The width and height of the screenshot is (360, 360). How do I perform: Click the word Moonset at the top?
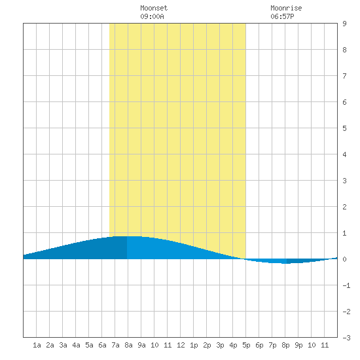pos(154,8)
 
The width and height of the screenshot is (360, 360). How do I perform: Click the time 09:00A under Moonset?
pos(152,16)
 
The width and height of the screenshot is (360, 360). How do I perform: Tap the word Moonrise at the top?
pos(286,8)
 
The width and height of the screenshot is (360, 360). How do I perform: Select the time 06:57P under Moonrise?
pos(282,16)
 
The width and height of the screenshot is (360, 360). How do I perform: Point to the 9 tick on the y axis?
pos(344,24)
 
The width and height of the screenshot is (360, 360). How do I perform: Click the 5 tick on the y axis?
pos(344,128)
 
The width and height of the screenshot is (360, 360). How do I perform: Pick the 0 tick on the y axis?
pos(344,259)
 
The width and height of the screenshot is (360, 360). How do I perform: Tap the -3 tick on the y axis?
pos(346,338)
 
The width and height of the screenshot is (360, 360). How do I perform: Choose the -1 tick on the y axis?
pos(346,285)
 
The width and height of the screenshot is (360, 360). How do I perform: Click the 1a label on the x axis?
pos(37,345)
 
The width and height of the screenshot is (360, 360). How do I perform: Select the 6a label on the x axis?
pos(102,345)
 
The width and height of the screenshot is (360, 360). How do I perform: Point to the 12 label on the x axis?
pos(181,345)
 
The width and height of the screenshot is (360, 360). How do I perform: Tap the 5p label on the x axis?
pos(246,345)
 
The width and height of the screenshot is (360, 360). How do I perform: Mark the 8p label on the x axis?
pos(285,345)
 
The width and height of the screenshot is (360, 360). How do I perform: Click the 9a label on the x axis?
pos(141,345)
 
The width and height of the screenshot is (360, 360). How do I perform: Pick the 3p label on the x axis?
pos(220,345)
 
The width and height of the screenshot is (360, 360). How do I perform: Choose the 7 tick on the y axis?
pos(344,76)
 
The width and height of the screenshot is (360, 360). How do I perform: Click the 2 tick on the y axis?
pos(344,207)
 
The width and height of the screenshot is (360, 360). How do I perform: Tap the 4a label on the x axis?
pos(76,345)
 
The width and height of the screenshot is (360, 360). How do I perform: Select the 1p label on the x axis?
pos(194,345)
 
